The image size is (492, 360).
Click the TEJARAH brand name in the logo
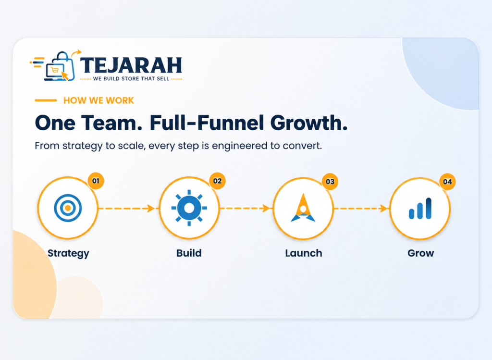coord(131,65)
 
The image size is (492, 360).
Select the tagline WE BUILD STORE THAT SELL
coord(131,78)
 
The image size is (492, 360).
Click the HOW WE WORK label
coord(98,100)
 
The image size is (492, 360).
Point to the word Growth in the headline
coord(309,123)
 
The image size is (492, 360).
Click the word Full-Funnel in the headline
coord(207,123)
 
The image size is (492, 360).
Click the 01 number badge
coord(96,181)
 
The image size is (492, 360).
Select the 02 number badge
coord(217,181)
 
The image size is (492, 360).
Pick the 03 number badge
coord(330,181)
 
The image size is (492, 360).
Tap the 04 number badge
coord(447,181)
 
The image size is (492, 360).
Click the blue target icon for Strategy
coord(68,208)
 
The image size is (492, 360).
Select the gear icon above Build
coord(189,208)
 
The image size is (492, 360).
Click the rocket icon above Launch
coord(303,208)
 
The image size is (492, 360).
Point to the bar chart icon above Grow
coord(420,209)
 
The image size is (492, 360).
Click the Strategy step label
coord(68,253)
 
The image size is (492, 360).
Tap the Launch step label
coord(304,253)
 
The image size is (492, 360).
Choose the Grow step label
coord(420,253)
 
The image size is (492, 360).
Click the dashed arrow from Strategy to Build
coord(126,208)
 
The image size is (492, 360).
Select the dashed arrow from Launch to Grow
coord(361,208)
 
